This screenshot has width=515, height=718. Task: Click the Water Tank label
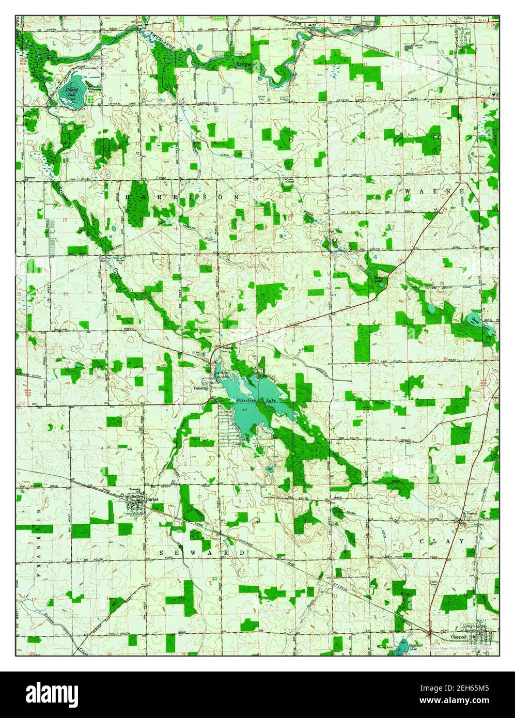click(x=424, y=46)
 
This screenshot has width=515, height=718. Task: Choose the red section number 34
click(x=294, y=365)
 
